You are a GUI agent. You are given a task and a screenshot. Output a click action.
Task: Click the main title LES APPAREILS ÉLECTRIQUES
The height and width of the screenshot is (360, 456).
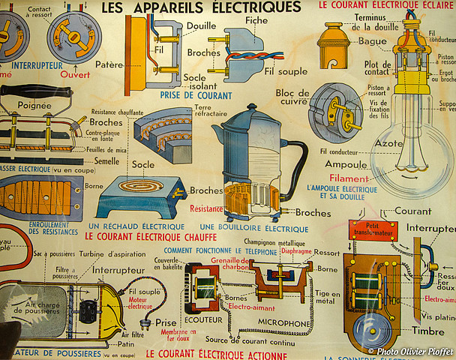click(201, 7)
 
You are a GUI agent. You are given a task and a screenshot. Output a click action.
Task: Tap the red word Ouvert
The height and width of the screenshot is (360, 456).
click(74, 75)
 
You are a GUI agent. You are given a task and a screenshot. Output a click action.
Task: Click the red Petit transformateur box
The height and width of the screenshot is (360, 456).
click(366, 229)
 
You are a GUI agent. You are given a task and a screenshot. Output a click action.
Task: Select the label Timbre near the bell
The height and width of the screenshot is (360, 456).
click(428, 331)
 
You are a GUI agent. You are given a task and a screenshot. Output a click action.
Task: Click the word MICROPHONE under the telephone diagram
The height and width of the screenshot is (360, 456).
click(284, 323)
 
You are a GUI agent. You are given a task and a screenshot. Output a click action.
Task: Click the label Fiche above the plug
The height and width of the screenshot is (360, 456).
click(256, 19)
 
